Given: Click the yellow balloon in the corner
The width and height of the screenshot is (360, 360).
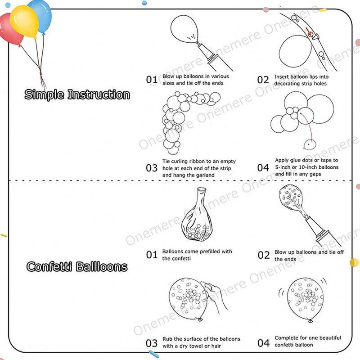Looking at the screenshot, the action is tap(24, 20).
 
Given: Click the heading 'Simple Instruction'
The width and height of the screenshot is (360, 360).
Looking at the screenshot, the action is tap(77, 95).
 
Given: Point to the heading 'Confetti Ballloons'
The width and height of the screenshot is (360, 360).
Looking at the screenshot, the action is tap(77, 267).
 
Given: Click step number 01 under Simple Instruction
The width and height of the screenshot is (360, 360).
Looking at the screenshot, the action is tap(152, 80).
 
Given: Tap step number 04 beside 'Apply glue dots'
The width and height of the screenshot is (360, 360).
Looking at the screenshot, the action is tap(263, 168).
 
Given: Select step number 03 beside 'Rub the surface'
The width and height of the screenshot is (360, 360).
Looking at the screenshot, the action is tap(152, 343).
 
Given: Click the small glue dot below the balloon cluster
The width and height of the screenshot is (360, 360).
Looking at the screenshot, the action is tap(309, 144).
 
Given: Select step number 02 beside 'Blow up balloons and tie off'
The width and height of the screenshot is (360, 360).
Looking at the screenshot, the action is tap(264, 255).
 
